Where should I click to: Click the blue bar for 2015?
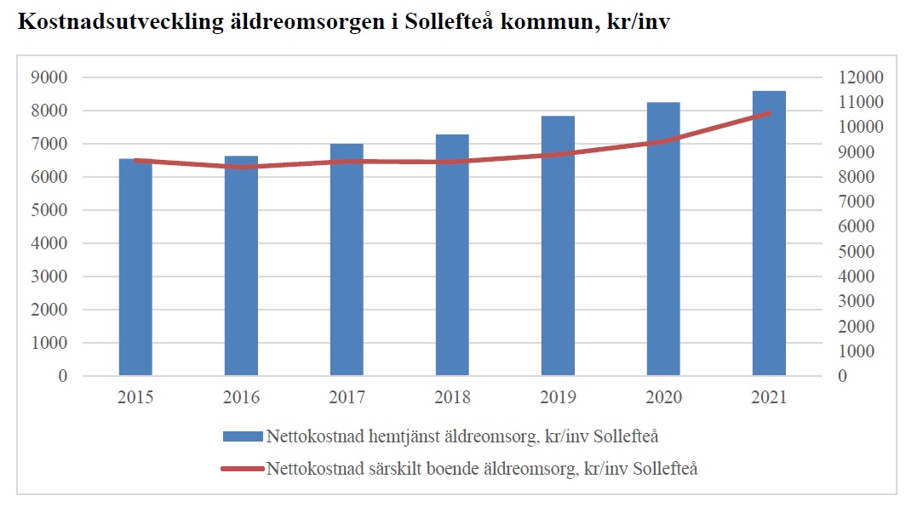(x=135, y=267)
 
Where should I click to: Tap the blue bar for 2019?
(x=558, y=246)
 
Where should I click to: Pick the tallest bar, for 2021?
(x=769, y=233)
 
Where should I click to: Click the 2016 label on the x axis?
(x=241, y=397)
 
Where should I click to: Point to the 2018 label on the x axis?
(x=452, y=397)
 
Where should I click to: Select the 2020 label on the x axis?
(x=663, y=397)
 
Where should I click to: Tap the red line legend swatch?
(x=242, y=468)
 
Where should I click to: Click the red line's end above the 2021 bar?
(x=769, y=112)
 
